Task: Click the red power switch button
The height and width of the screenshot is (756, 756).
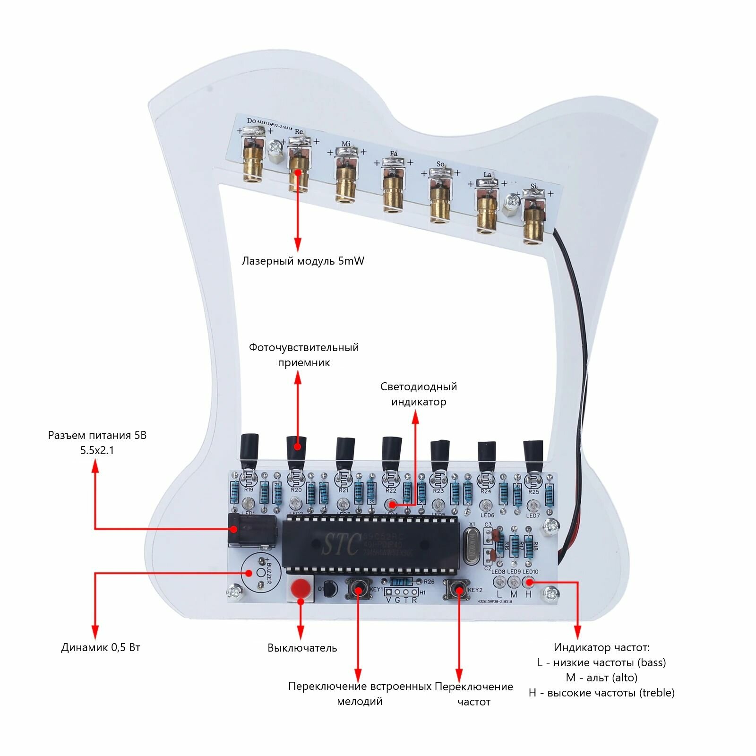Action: point(300,589)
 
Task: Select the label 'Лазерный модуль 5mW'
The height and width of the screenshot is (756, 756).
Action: point(303,261)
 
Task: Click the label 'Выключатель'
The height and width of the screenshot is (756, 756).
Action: point(302,648)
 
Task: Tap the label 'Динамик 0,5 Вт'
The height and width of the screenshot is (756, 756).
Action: point(101,647)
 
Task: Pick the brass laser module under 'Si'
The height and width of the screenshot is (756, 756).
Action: point(533,223)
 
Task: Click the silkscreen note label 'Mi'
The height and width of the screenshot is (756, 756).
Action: point(346,144)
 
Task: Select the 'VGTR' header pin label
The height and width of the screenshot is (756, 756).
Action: point(402,600)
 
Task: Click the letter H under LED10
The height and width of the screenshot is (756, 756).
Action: point(528,594)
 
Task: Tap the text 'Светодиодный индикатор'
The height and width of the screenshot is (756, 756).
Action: point(419,394)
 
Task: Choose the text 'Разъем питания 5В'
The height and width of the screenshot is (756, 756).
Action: point(97,435)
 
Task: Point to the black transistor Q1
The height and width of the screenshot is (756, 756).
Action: point(331,589)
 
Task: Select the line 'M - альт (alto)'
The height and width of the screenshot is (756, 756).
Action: point(601,678)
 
